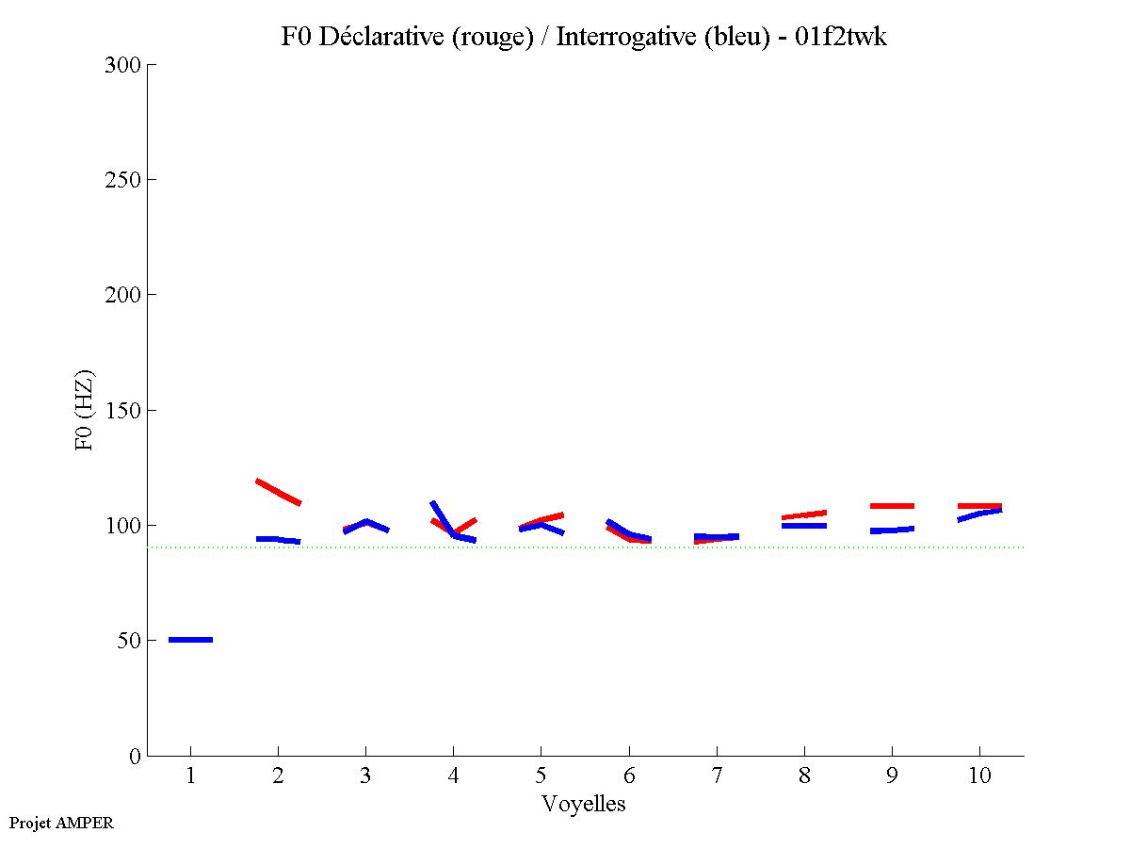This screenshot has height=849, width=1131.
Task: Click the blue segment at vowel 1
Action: pyautogui.click(x=190, y=640)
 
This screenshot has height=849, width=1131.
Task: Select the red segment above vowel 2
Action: pyautogui.click(x=278, y=492)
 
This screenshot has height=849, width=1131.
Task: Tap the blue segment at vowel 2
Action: pyautogui.click(x=278, y=540)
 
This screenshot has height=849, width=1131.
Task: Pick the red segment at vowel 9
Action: pyautogui.click(x=892, y=506)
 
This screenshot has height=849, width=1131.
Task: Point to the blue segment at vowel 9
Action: pyautogui.click(x=892, y=530)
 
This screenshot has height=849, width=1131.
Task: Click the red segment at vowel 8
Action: pyautogui.click(x=804, y=515)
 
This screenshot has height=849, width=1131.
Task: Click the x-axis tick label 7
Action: pyautogui.click(x=717, y=776)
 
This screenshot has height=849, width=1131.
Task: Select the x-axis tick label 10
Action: pyautogui.click(x=979, y=776)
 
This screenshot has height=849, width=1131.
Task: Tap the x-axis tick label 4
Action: pyautogui.click(x=453, y=776)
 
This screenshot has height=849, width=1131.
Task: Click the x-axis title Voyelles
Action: pyautogui.click(x=583, y=804)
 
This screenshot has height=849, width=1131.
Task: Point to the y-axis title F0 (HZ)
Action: pyautogui.click(x=85, y=410)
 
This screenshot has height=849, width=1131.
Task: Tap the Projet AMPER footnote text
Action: pyautogui.click(x=61, y=823)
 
